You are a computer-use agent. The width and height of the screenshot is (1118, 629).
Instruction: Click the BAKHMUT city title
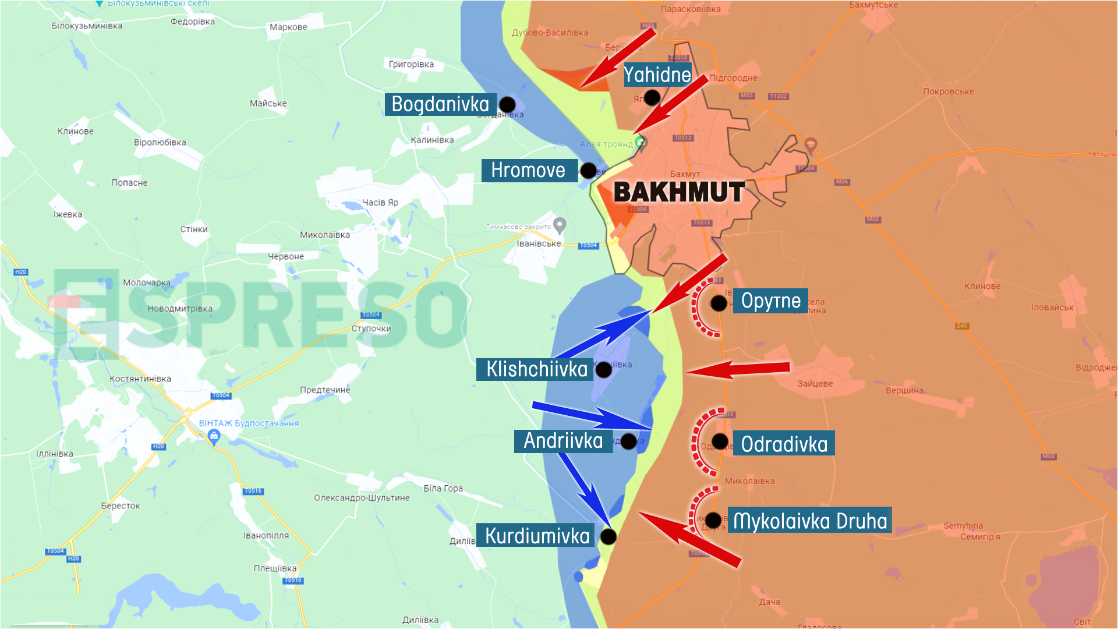point(678,192)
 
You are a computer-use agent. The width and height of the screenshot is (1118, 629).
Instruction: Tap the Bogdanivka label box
point(440,104)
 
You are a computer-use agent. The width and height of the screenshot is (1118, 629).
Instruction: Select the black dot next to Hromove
point(588,171)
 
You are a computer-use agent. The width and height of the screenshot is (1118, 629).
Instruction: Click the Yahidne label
point(657,75)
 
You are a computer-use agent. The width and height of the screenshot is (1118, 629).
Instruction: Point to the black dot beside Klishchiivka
point(604,369)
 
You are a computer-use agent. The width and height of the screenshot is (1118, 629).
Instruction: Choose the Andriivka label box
point(563,441)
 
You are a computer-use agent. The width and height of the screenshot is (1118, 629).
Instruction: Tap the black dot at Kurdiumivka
point(608,536)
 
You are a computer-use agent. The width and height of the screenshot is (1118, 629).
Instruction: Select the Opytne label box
point(770,301)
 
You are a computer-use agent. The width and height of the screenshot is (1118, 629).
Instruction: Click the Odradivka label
point(784,444)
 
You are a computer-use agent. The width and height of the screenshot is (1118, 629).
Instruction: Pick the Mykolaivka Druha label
point(809,520)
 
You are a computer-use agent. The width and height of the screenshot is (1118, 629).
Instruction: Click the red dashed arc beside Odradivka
point(698,443)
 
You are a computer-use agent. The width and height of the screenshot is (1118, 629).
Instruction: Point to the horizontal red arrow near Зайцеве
point(740,369)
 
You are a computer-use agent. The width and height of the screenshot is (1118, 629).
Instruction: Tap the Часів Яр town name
point(380,202)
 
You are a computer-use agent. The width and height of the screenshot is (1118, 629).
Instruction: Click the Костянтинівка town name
point(140,379)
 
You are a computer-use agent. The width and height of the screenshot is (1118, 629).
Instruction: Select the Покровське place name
point(948,91)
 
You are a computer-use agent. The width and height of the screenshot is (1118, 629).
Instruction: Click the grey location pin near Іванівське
point(560,224)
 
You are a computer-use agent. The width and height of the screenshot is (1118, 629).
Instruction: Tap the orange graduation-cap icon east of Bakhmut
point(811,144)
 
